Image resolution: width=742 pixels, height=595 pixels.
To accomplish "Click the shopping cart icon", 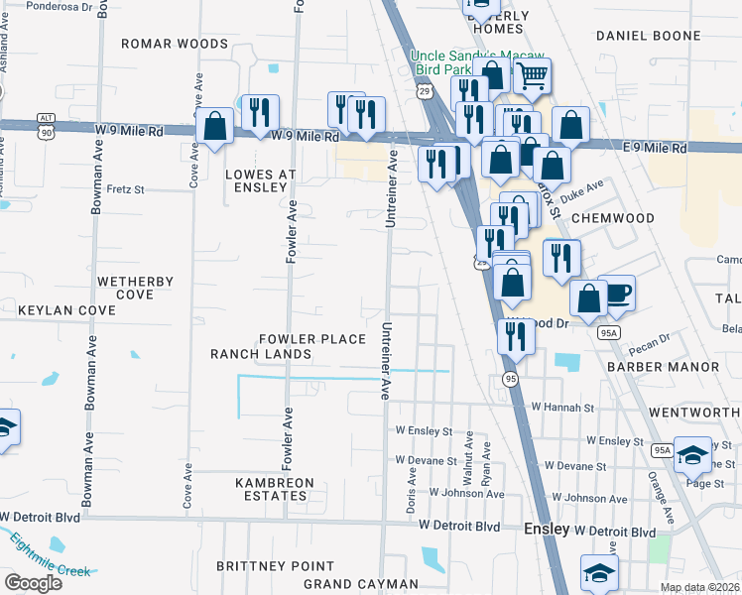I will (533, 74).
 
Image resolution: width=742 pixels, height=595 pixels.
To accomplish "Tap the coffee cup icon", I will (616, 293).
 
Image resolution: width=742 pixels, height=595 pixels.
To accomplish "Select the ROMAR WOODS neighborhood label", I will (175, 44).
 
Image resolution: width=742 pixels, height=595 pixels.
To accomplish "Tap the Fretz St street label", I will (126, 188).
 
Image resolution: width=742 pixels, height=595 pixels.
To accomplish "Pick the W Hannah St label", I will (561, 407).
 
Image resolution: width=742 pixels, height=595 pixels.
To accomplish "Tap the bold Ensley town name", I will (547, 530).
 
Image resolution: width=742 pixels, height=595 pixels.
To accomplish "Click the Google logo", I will (34, 582).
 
